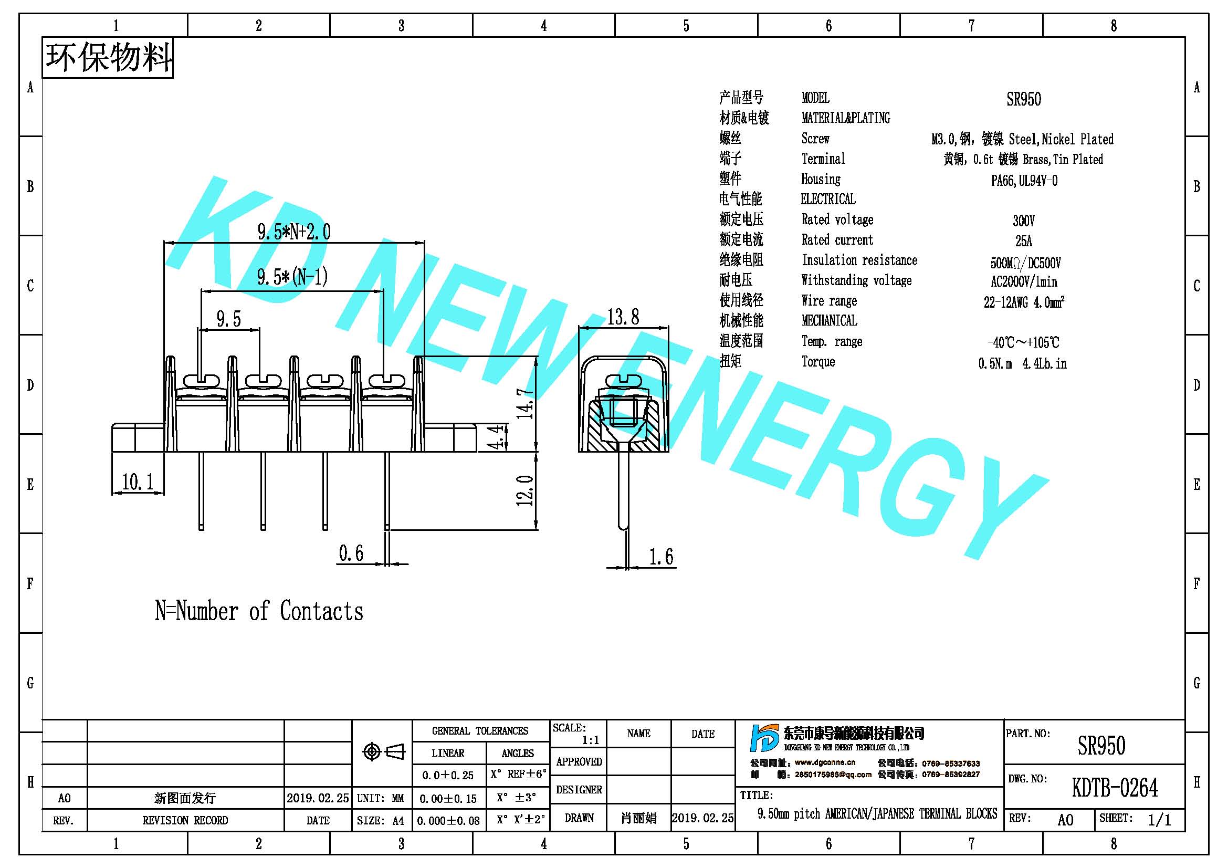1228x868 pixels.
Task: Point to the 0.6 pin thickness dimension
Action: click(351, 553)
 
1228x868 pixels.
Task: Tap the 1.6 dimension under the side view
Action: click(661, 557)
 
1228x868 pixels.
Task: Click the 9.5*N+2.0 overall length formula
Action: click(294, 232)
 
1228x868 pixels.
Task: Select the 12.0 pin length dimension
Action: click(525, 490)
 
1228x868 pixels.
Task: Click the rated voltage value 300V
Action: click(1024, 221)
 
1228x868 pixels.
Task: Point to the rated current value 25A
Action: click(1024, 240)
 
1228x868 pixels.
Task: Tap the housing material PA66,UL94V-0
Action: click(1024, 181)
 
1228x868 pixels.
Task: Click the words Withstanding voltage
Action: click(856, 280)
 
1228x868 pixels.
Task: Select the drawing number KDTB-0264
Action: click(1115, 788)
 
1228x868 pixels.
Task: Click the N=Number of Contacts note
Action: click(259, 611)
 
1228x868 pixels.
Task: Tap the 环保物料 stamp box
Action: click(108, 58)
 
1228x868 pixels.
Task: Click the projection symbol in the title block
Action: click(383, 752)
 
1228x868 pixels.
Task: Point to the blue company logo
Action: click(765, 738)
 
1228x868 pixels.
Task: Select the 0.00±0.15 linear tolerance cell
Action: click(448, 799)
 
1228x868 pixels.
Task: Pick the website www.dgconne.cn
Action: click(825, 762)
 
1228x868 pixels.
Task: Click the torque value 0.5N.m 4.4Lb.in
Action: click(1023, 364)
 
